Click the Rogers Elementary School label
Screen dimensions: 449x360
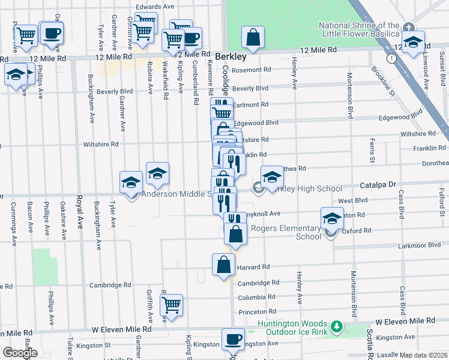coord(286,232)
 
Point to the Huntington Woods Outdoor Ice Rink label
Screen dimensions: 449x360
coord(292,327)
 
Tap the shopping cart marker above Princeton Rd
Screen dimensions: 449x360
coord(172,305)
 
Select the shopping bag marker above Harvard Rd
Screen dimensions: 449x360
coord(223,265)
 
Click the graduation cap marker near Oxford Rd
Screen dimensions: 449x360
coord(331,219)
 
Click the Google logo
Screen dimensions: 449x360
coord(20,353)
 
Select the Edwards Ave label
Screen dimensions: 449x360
coord(154,7)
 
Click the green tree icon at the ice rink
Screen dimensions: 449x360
coord(337,327)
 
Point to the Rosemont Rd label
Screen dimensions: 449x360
coord(251,70)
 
